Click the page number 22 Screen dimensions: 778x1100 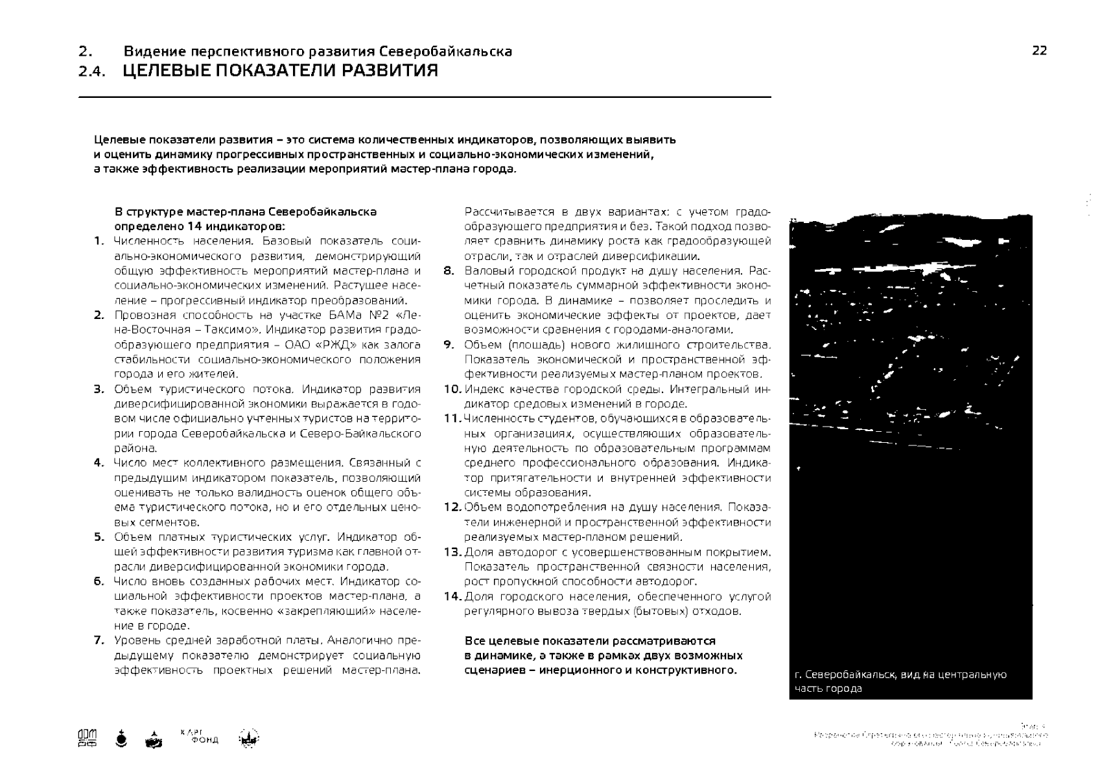[1039, 51]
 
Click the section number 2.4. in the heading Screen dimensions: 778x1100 [91, 72]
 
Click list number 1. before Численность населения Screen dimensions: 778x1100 [99, 242]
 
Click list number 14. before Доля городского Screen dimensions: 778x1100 [452, 596]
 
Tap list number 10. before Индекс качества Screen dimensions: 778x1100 [452, 390]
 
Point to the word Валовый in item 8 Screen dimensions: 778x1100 [484, 271]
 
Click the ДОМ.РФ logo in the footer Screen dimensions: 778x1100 [87, 738]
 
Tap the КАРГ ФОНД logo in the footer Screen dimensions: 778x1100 [200, 737]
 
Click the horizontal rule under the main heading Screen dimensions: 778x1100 [425, 97]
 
